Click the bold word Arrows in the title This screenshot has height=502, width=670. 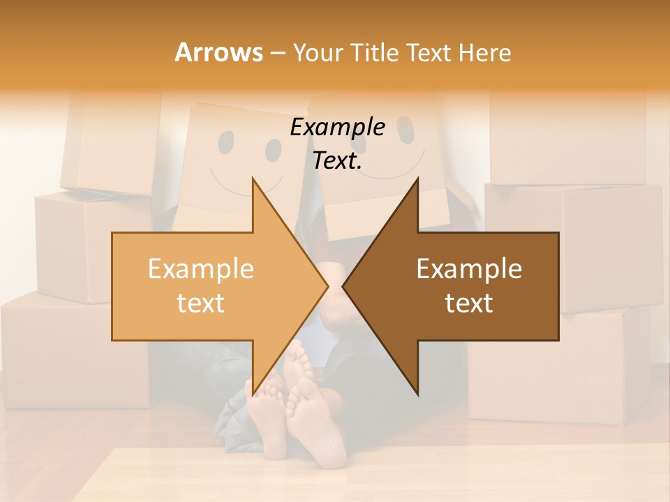click(x=218, y=52)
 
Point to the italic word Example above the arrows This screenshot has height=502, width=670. click(x=337, y=128)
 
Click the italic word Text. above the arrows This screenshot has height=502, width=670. click(x=337, y=160)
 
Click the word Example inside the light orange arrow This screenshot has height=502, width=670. click(x=200, y=268)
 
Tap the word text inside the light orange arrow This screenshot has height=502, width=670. click(x=200, y=303)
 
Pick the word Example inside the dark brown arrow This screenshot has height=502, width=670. click(x=469, y=268)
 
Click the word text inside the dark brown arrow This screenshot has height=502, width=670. click(x=469, y=303)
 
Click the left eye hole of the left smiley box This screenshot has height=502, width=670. click(x=226, y=142)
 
